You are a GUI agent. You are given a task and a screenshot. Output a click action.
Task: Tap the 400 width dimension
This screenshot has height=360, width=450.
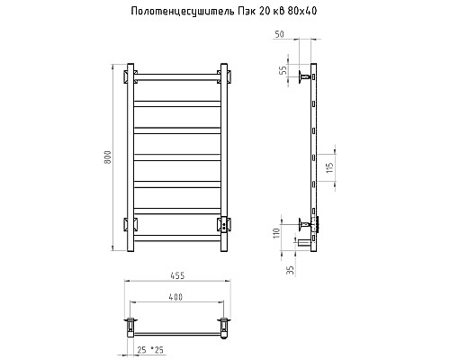pyautogui.click(x=175, y=296)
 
